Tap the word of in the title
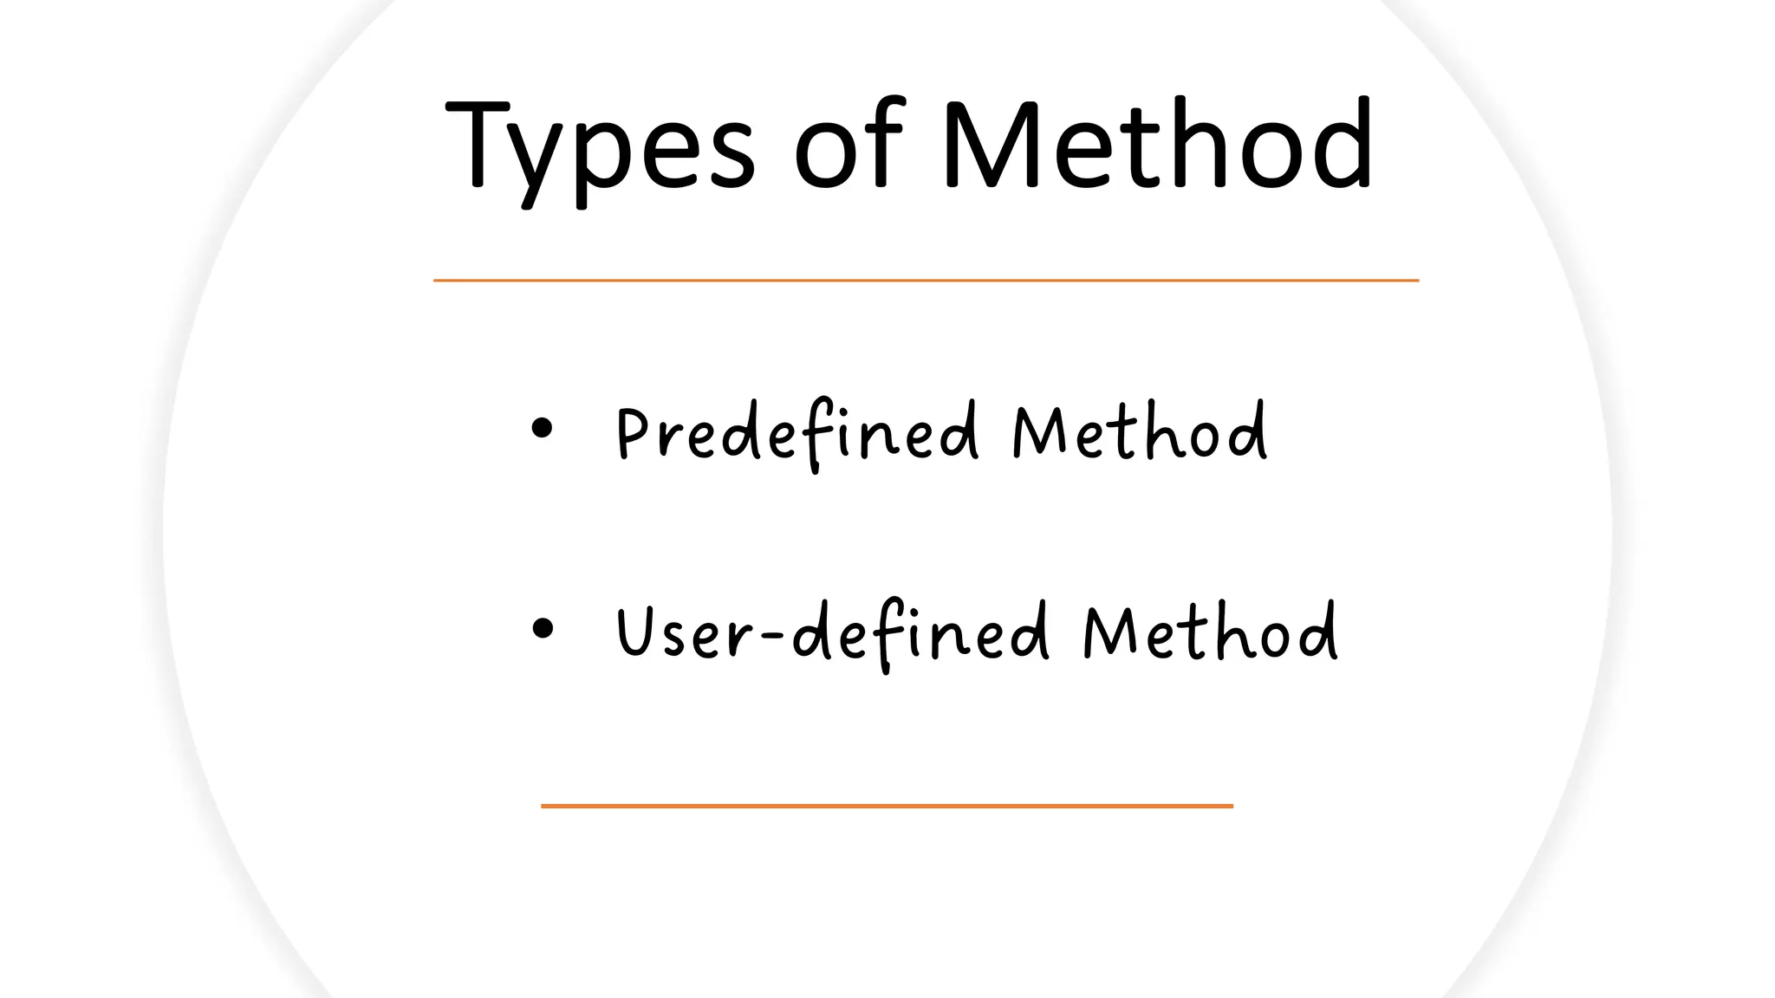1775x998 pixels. click(849, 143)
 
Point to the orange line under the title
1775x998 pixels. click(926, 281)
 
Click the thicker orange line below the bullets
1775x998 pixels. click(887, 806)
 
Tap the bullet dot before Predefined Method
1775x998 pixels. click(542, 428)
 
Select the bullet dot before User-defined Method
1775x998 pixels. click(543, 628)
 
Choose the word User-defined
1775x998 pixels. click(832, 632)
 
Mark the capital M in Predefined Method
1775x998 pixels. click(1038, 431)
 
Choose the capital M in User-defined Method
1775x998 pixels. click(1109, 631)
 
